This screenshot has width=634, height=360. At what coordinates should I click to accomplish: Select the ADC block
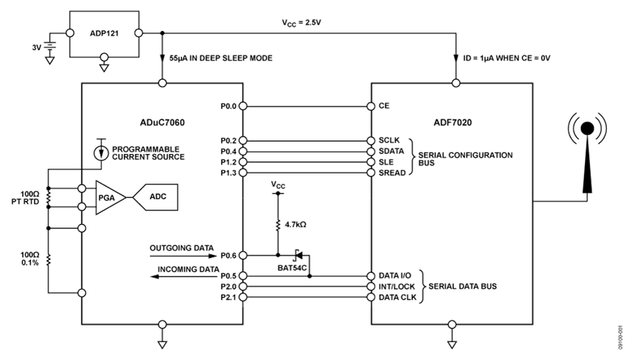(156, 195)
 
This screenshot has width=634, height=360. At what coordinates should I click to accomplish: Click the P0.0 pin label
(229, 106)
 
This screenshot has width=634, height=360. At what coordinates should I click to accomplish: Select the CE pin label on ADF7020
(384, 106)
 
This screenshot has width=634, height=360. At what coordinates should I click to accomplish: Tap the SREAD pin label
(391, 174)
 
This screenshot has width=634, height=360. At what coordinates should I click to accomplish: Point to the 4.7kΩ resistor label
(296, 224)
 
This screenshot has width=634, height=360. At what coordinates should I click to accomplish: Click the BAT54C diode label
(293, 266)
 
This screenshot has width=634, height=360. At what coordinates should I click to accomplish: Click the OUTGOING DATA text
(177, 248)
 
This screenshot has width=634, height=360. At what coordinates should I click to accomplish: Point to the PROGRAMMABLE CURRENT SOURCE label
(149, 152)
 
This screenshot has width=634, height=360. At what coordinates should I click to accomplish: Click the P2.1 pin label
(229, 297)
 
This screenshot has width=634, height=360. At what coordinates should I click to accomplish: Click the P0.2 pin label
(229, 140)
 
